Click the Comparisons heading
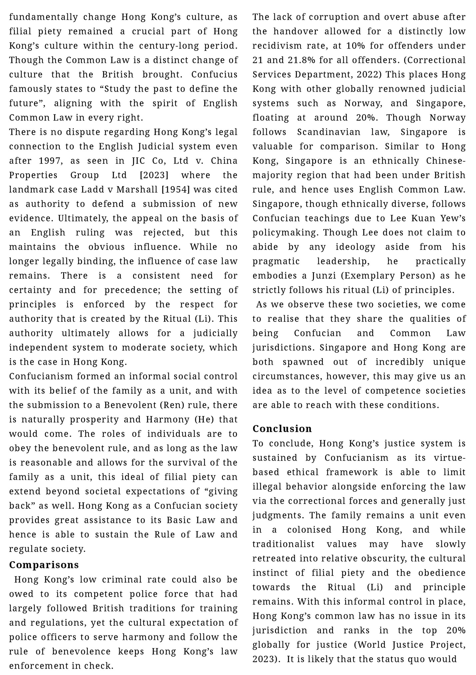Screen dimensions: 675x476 pos(44,564)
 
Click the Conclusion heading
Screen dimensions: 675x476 pos(282,428)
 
